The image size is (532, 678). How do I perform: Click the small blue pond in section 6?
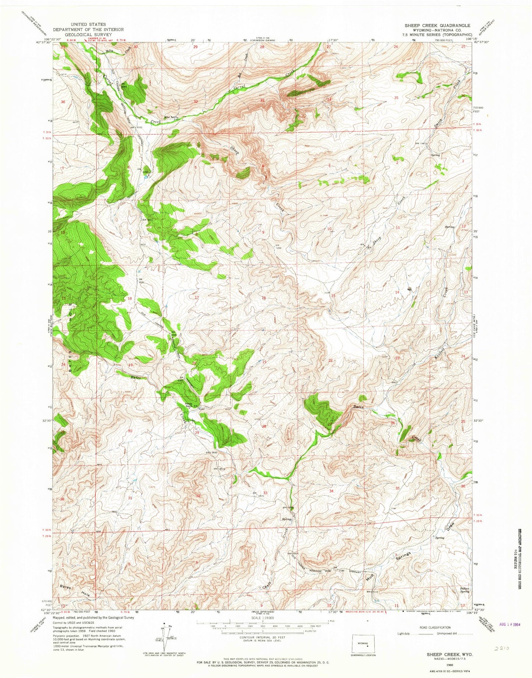pyautogui.click(x=146, y=177)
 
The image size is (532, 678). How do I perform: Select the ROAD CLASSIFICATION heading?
pyautogui.click(x=435, y=627)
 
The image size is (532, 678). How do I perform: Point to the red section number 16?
pyautogui.click(x=264, y=298)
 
